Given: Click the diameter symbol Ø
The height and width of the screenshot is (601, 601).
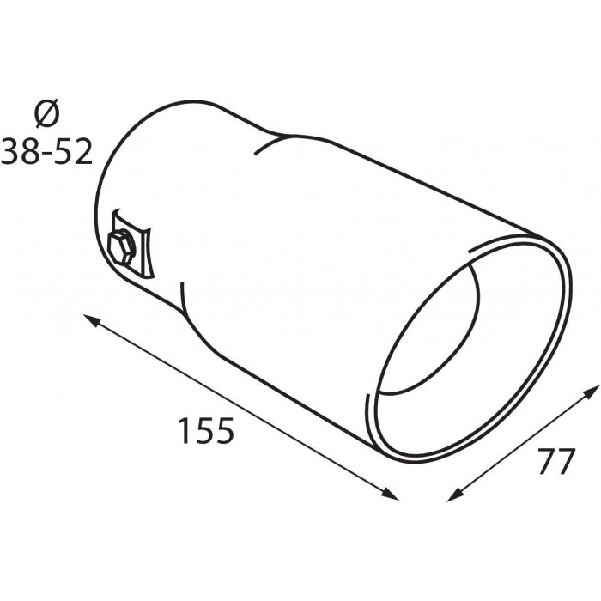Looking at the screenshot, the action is pos(47,113).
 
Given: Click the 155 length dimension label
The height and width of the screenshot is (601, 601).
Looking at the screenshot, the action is pos(206,430).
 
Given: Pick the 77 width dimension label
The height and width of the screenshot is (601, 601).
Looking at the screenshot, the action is pos(557,461).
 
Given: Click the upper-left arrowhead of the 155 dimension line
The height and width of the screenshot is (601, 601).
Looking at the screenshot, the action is pos(91,319).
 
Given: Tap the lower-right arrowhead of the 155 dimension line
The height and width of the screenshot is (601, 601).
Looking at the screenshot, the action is pos(390,494).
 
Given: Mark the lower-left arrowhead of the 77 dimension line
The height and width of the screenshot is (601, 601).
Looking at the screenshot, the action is pos(455,495).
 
